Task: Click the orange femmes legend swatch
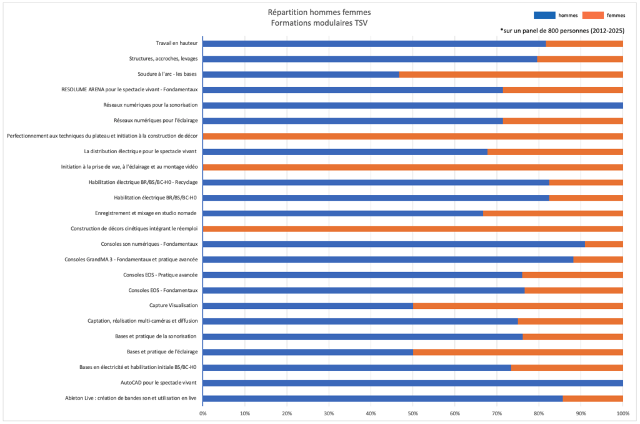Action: point(592,14)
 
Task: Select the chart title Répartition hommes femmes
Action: point(319,11)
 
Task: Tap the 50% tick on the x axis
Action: point(412,413)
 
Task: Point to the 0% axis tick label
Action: point(202,413)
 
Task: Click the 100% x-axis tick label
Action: point(622,413)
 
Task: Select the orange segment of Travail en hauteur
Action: point(584,44)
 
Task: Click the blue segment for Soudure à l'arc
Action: point(301,74)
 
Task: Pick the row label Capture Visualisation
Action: point(173,306)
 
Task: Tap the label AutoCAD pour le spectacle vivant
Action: point(159,383)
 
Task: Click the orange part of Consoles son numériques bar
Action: point(604,244)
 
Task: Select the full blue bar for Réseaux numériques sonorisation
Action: point(412,105)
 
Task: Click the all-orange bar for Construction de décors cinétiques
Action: point(412,229)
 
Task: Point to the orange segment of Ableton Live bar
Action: point(592,398)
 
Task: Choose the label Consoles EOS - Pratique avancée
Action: point(161,275)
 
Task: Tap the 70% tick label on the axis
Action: point(497,413)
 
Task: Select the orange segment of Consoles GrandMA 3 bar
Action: point(598,260)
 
